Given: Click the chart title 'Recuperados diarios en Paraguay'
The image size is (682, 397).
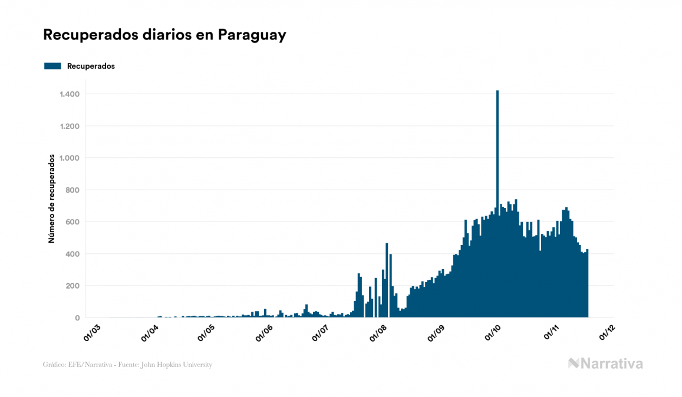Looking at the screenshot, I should pos(164,35).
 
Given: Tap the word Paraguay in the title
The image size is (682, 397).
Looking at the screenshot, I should pos(252,35).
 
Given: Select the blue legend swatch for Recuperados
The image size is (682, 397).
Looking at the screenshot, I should pos(52,66).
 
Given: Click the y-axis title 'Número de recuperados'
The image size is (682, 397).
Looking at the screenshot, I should pos(52,199).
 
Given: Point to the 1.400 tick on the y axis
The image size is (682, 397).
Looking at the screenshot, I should pos(70,94).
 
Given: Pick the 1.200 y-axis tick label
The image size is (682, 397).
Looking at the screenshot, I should pos(70,126).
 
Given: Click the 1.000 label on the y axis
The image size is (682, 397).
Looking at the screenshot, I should pos(70,158).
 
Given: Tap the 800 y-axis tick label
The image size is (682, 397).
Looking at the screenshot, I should pos(73,190).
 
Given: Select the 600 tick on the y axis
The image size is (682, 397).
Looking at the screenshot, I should pos(73,222).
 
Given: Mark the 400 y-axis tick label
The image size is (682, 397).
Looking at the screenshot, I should pos(73,254).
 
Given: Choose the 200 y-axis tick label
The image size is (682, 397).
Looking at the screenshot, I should pos(73,286).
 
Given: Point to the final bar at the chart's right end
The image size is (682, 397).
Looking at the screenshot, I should pos(587,286).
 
